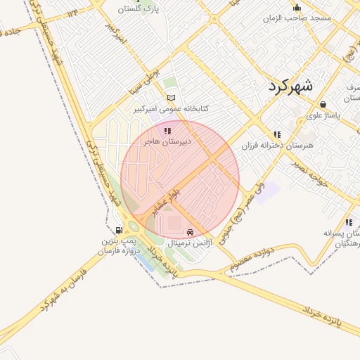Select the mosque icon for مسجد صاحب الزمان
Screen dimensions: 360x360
pos(297,7)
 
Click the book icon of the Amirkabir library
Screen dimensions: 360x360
pos(169,98)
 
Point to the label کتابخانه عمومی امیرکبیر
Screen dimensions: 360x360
pos(172,110)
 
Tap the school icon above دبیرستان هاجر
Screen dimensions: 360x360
pos(167,131)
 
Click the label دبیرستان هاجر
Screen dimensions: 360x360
pos(167,141)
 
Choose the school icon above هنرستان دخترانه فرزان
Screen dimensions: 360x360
pos(277,134)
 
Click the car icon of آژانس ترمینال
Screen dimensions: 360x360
pos(189,232)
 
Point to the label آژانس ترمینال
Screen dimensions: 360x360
pos(188,243)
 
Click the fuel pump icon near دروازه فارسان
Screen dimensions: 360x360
pos(119,230)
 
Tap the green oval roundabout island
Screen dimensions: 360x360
pos(132,226)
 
